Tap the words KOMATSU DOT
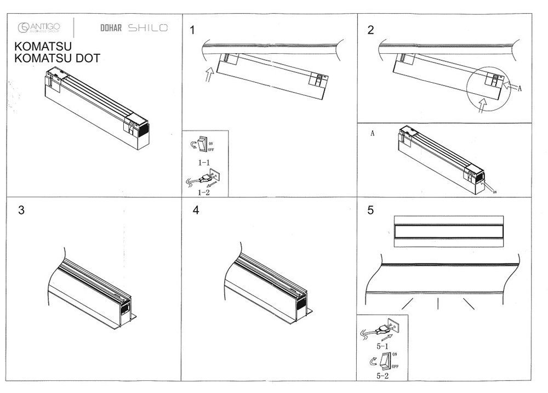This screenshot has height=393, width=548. pos(58,58)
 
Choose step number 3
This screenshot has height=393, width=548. pos(21,210)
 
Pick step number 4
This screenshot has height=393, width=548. pos(196,210)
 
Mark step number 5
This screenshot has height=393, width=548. pos(371,210)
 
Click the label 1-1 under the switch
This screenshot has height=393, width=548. pos(204,163)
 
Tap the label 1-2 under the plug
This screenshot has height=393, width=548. pos(204,192)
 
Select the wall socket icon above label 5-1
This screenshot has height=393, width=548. pos(392,327)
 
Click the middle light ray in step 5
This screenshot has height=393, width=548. pos(437,304)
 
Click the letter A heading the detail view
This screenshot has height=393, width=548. pos(372,133)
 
